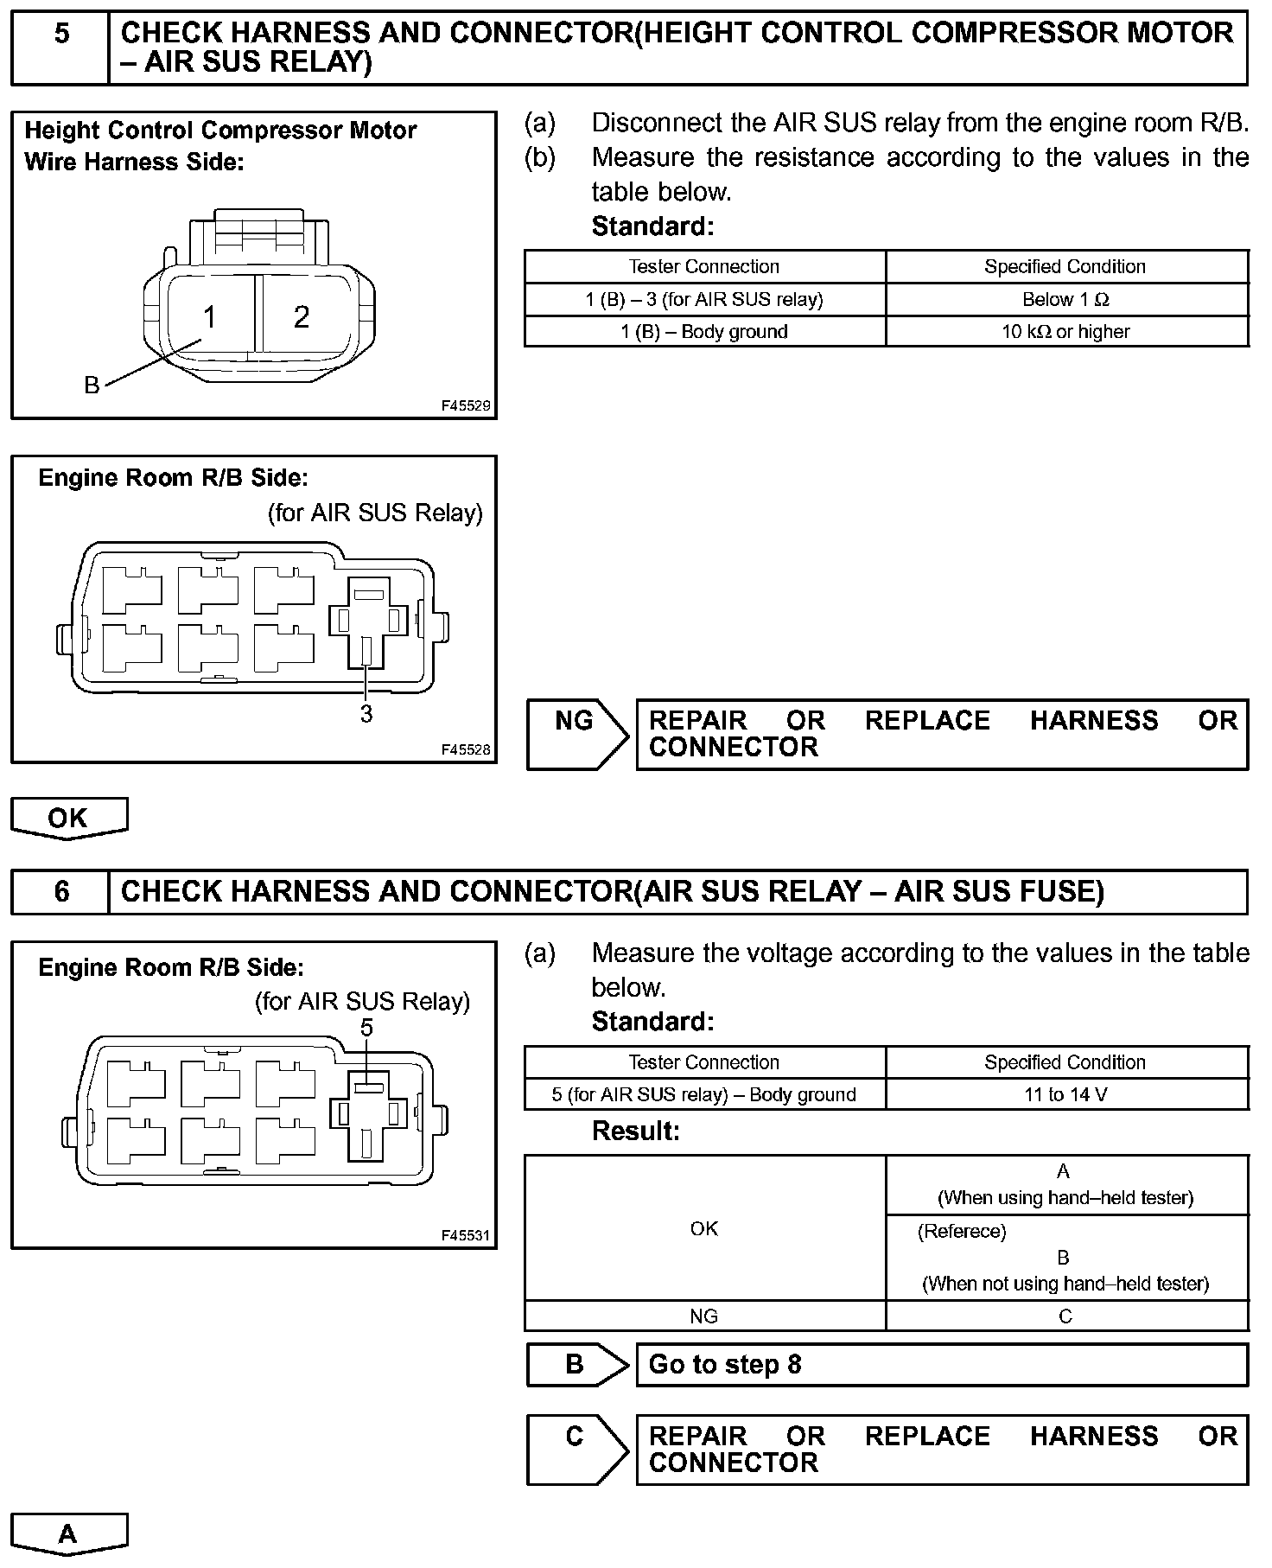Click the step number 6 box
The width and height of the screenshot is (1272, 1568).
click(60, 891)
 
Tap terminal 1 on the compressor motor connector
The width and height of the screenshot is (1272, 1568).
click(209, 317)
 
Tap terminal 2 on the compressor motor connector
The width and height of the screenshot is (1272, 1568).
click(301, 317)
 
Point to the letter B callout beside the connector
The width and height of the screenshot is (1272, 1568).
click(92, 386)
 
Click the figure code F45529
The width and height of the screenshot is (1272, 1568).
click(466, 405)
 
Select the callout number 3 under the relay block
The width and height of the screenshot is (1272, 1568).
click(366, 714)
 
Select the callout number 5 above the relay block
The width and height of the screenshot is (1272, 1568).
click(366, 1028)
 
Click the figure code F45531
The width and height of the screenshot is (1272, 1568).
click(466, 1235)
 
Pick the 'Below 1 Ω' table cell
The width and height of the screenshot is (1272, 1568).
click(1065, 300)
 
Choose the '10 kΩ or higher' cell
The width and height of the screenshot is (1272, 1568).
click(1065, 332)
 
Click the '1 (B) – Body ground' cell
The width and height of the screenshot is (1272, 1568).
click(704, 332)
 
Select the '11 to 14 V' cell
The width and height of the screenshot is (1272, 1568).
click(1065, 1095)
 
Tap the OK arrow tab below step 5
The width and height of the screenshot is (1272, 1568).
click(68, 818)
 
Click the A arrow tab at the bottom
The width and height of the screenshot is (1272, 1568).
click(68, 1533)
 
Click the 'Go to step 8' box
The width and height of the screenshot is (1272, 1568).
click(942, 1365)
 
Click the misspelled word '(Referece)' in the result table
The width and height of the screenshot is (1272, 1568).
click(962, 1231)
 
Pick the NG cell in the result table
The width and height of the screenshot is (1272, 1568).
click(704, 1316)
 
